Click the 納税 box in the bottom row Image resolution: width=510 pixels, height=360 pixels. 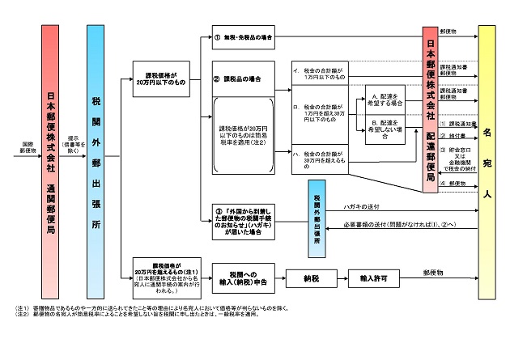tap(312, 277)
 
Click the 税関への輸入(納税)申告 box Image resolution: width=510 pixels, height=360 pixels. tap(244, 277)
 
